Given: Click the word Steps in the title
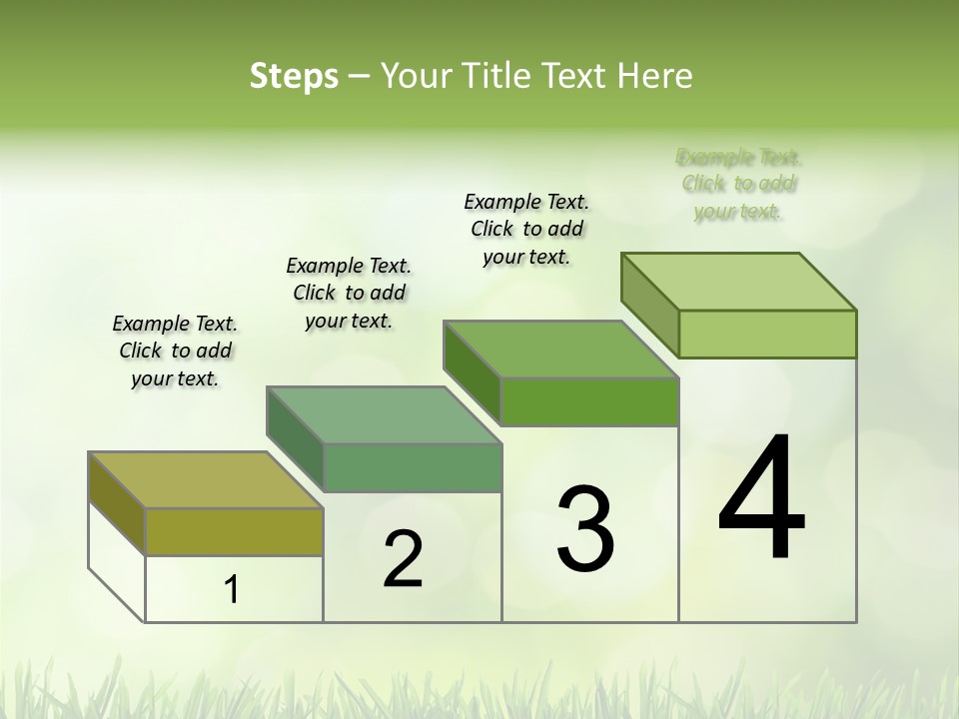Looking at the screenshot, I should coord(294,76).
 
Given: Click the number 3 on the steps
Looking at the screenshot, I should coord(585,528).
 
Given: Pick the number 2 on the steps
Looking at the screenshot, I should coord(403,559).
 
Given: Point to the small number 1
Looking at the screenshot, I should coord(232,590).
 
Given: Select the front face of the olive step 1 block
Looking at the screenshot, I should coord(234,531).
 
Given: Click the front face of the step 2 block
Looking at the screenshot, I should coord(412,467).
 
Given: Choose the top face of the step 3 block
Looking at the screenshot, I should coord(560,350).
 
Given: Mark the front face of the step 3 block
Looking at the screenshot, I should coord(589,401).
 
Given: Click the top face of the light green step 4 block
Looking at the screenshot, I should coord(738,281).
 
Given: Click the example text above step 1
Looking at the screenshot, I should coord(175,351).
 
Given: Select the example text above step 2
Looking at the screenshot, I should coord(349,293).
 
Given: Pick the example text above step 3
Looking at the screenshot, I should coord(526,229).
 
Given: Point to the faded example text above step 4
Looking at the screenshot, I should coord(738,184).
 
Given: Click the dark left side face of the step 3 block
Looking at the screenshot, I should coord(472,369).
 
